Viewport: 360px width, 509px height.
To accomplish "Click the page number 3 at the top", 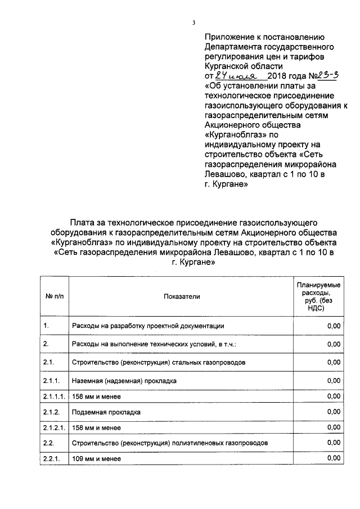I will [x=193, y=23].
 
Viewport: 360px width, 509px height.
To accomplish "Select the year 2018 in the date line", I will [x=277, y=76].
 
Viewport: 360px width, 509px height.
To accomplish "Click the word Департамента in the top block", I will [x=233, y=47].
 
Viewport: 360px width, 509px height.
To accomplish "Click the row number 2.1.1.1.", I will [x=54, y=397].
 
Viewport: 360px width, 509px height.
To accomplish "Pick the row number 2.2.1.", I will [x=51, y=458].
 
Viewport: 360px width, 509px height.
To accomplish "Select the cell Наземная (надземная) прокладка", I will [x=124, y=381].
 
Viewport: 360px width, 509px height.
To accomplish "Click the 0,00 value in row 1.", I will [x=334, y=326].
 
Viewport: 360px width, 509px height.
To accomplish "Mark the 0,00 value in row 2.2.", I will [x=334, y=443].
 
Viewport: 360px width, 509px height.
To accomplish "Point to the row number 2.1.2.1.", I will [x=54, y=428].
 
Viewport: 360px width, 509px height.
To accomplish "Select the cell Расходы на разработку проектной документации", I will [x=148, y=326].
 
